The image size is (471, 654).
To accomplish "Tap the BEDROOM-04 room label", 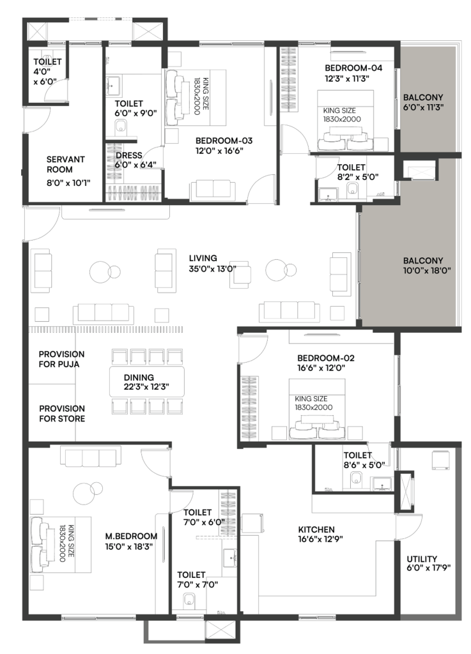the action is point(353,68).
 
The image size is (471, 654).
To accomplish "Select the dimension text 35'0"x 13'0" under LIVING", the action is point(212,269).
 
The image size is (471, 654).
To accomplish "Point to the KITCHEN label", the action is point(316,529).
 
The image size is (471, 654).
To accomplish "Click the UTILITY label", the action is point(422,558).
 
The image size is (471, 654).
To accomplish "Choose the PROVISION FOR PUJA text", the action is point(61,359).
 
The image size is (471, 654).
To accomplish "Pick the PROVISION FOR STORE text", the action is point(62,413).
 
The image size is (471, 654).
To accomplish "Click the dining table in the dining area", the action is point(147,382).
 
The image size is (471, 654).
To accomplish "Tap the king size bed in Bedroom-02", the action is point(317,409).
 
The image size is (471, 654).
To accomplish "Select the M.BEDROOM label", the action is point(131,536).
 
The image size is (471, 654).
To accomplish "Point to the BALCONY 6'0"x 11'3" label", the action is point(422,102).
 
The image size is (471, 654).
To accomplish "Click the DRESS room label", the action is point(129,155).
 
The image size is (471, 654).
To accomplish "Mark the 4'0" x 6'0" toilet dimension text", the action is point(45,77).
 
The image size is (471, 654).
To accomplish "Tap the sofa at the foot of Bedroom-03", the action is point(210,189).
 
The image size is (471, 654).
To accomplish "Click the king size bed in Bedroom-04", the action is point(346,121).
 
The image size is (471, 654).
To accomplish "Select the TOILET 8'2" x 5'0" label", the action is point(358,172).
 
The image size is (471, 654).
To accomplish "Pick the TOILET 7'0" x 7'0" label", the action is point(197,580).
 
